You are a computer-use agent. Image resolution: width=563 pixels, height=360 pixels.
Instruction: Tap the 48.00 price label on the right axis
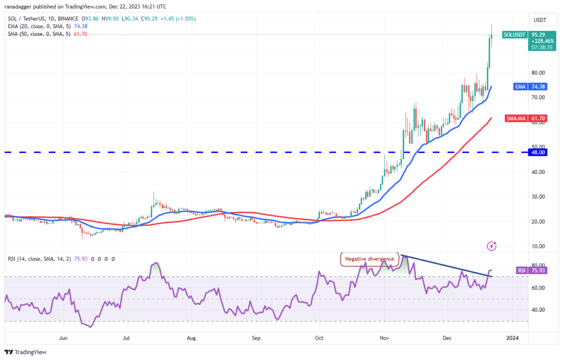coord(538,152)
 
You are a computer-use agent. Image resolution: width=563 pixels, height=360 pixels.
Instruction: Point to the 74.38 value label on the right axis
coord(538,86)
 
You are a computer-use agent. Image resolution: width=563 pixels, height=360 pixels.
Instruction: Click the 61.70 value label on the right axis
coord(538,118)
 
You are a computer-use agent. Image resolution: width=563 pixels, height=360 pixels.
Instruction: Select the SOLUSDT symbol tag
coord(514,34)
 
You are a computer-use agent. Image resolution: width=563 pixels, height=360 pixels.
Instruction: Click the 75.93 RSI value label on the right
coord(538,270)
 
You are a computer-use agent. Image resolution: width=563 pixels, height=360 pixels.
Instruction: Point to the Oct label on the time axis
coord(318,337)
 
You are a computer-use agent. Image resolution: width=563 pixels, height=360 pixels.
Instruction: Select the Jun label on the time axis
coord(63,337)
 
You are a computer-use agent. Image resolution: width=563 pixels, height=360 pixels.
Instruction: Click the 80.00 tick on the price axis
coord(538,73)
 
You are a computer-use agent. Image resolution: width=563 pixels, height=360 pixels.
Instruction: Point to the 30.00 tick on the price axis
coord(538,196)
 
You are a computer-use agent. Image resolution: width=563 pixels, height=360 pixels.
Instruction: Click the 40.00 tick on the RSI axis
coord(538,310)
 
